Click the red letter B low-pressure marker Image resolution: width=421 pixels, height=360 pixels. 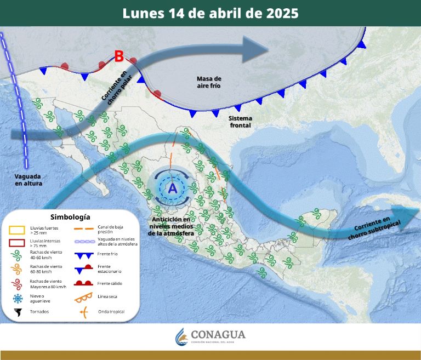[x=118, y=56]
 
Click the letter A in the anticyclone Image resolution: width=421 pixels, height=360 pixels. [x=173, y=188]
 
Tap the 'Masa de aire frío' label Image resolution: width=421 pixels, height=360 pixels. [x=209, y=83]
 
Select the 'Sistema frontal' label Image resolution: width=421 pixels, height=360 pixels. [x=240, y=122]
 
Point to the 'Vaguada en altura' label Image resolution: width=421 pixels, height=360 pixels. [x=28, y=180]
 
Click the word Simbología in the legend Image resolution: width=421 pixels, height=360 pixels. [x=70, y=217]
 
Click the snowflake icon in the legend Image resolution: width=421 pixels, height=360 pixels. [x=18, y=299]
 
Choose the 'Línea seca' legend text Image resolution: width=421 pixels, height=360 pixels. [x=107, y=297]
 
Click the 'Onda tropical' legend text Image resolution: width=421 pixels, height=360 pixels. [x=111, y=312]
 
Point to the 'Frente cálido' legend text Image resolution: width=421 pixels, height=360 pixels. [x=110, y=283]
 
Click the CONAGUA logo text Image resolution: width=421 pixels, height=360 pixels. [x=218, y=335]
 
